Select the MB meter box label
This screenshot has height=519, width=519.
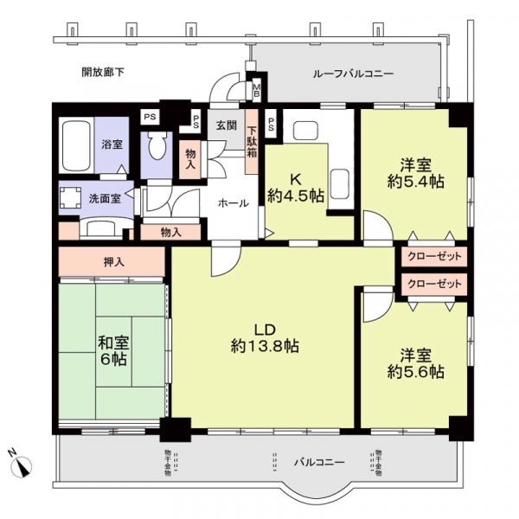[257, 89]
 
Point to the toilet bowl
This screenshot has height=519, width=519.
[157, 148]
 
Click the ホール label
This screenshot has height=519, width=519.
[234, 203]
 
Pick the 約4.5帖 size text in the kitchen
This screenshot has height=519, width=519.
[295, 196]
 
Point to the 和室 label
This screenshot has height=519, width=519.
[112, 342]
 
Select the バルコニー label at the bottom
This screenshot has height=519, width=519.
[320, 462]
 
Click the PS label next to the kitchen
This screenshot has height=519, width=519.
[272, 124]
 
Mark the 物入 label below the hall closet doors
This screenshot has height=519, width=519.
[170, 232]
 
